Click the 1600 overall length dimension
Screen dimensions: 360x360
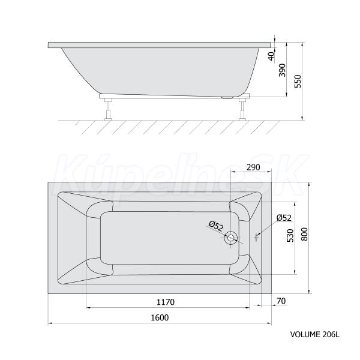pos(160,317)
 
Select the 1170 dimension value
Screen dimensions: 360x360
pos(166,302)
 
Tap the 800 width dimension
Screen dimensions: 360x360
pos(304,234)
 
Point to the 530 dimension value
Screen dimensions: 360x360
pos(290,235)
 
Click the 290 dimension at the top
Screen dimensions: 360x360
pos(253,167)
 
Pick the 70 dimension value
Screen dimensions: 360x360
pos(281,301)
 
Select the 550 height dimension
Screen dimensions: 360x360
pos(298,81)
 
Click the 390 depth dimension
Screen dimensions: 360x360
pos(282,70)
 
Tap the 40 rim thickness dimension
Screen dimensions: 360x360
pos(272,56)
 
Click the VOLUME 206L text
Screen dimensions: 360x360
pos(315,334)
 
